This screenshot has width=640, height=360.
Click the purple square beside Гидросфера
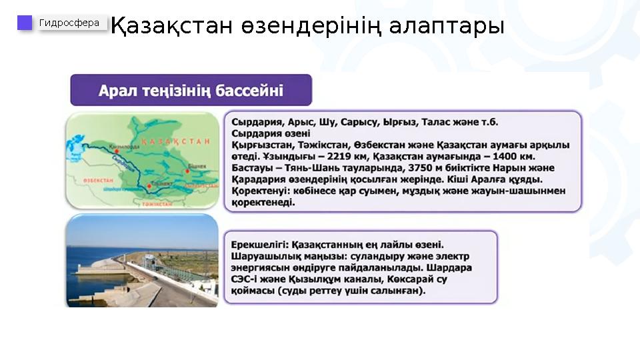pos(25,23)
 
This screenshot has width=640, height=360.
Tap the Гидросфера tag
pos(69,23)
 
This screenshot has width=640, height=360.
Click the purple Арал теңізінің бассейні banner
pos(191,90)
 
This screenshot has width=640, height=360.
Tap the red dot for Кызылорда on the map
pos(116,152)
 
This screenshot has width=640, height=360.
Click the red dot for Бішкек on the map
pos(187,171)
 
